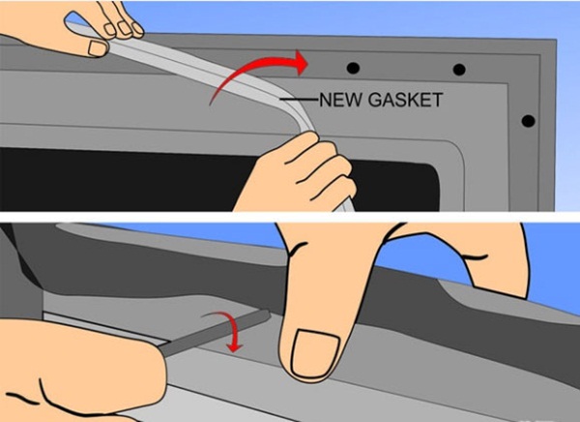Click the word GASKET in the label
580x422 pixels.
coord(406,100)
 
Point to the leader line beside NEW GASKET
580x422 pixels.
coord(299,100)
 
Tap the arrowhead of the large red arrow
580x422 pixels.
coord(302,63)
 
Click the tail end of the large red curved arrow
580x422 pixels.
coord(211,104)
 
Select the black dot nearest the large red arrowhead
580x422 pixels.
coord(353,68)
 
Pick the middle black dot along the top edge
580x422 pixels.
coord(459,70)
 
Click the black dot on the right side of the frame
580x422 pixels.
coord(528,121)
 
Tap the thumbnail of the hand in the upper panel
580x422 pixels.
coord(99,48)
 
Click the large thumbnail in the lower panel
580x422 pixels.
coord(315,352)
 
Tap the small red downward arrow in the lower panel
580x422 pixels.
coord(232,330)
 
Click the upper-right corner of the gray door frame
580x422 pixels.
coord(556,40)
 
